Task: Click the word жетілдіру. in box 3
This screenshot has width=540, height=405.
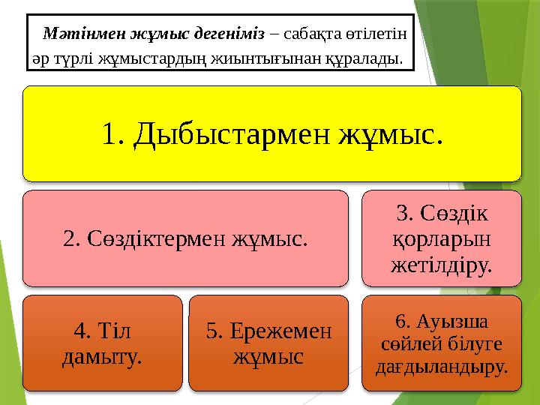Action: [442, 263]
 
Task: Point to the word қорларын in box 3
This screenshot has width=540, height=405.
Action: [442, 239]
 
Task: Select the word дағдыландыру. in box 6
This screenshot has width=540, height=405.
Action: [442, 367]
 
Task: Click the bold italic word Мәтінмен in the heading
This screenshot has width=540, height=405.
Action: [78, 34]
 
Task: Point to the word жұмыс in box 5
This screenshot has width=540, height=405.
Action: [268, 355]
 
